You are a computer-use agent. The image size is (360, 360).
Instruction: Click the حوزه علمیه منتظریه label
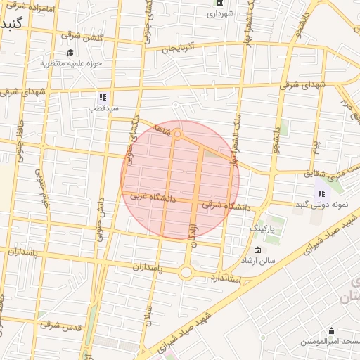click(x=71, y=63)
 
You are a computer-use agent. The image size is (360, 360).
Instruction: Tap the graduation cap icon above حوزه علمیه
click(x=70, y=52)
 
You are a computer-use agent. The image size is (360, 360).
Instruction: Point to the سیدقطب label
click(x=103, y=108)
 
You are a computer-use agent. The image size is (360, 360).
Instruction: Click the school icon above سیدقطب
click(x=103, y=97)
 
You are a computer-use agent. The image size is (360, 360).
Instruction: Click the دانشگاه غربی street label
click(x=158, y=198)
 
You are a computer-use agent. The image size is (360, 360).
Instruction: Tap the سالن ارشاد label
click(x=276, y=260)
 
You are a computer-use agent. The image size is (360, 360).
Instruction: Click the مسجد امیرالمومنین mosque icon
click(x=331, y=330)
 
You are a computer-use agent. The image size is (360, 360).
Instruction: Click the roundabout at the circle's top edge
click(x=177, y=133)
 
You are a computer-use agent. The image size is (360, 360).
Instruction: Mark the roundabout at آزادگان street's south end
click(x=187, y=271)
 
